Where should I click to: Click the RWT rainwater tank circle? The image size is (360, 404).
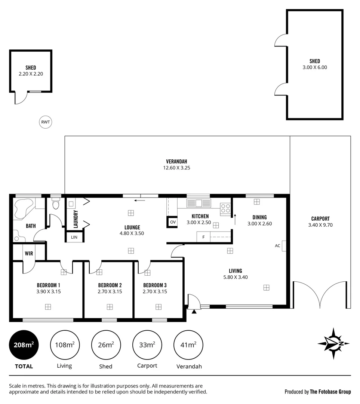pos(46,122)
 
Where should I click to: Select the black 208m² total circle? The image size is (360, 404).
pos(24,345)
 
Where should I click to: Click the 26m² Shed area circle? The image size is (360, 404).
pos(105,345)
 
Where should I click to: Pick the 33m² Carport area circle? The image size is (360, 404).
pos(147,345)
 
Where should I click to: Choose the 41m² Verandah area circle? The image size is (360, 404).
pos(188,345)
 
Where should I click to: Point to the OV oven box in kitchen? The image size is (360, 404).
pos(172,222)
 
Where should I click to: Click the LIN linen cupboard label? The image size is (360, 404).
pos(74,237)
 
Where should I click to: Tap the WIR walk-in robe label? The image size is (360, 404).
pos(29,253)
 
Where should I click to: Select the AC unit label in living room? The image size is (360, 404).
pos(277,246)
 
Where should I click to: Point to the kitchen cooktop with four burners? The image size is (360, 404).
pos(225,208)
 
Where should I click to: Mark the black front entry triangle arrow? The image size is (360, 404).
pos(194,311)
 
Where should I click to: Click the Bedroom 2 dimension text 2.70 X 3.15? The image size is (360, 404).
pos(110,291)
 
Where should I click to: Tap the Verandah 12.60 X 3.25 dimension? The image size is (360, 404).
pos(177,168)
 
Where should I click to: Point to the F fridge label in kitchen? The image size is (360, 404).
pos(203,237)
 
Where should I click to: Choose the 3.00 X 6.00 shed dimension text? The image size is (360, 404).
pos(315,67)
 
